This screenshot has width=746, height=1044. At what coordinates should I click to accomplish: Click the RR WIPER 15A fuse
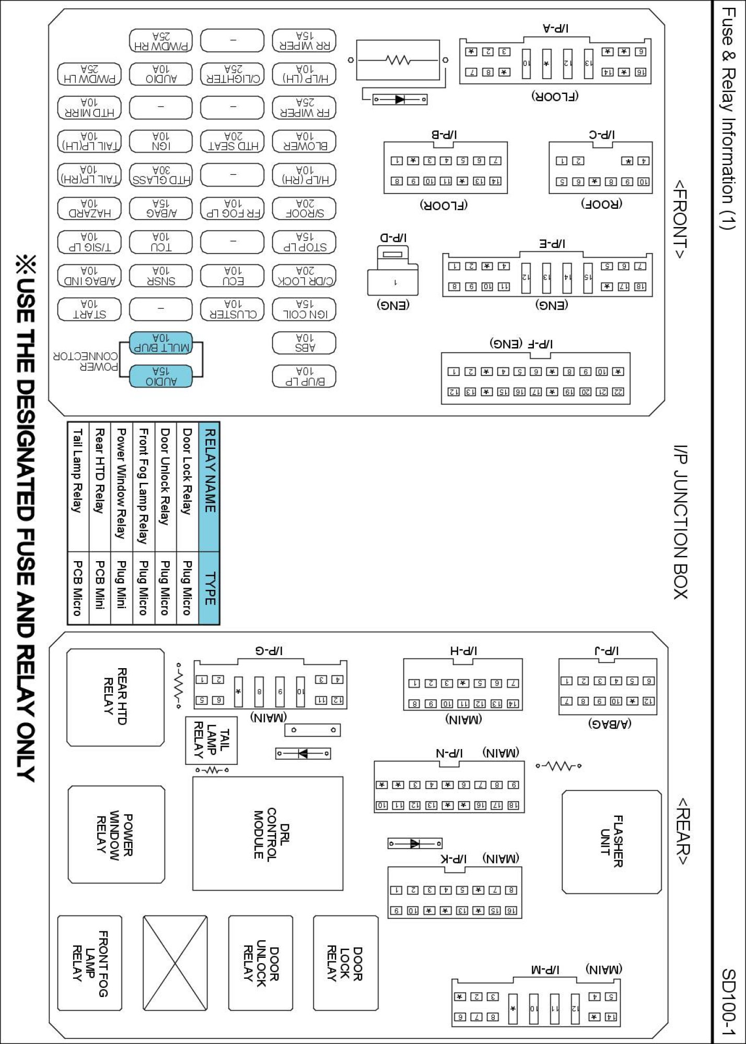tap(304, 41)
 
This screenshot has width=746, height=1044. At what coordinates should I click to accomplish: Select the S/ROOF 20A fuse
tap(304, 209)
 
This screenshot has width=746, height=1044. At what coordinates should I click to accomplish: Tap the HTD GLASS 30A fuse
tap(161, 175)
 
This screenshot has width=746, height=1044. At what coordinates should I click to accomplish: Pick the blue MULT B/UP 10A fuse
tap(161, 343)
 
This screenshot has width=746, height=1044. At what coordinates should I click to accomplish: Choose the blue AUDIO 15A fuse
tap(161, 376)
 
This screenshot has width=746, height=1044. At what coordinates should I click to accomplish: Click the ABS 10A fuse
tap(304, 343)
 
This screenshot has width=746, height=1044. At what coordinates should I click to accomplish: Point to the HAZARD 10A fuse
tap(89, 209)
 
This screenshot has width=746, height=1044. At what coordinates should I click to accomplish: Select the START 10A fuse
tap(89, 309)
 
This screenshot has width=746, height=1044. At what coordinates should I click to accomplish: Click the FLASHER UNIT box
tap(612, 841)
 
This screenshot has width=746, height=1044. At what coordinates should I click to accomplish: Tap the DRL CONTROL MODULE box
tap(268, 834)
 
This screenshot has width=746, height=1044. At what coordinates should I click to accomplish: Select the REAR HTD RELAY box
tap(115, 697)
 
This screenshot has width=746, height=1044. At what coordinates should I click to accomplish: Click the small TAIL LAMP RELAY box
tap(212, 740)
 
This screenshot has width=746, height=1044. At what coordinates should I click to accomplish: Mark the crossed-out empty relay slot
tap(175, 963)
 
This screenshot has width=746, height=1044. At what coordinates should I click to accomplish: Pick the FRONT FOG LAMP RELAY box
tap(90, 963)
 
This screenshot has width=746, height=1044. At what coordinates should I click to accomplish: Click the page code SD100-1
tap(728, 1002)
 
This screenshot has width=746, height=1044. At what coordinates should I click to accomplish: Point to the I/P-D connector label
tap(393, 238)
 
